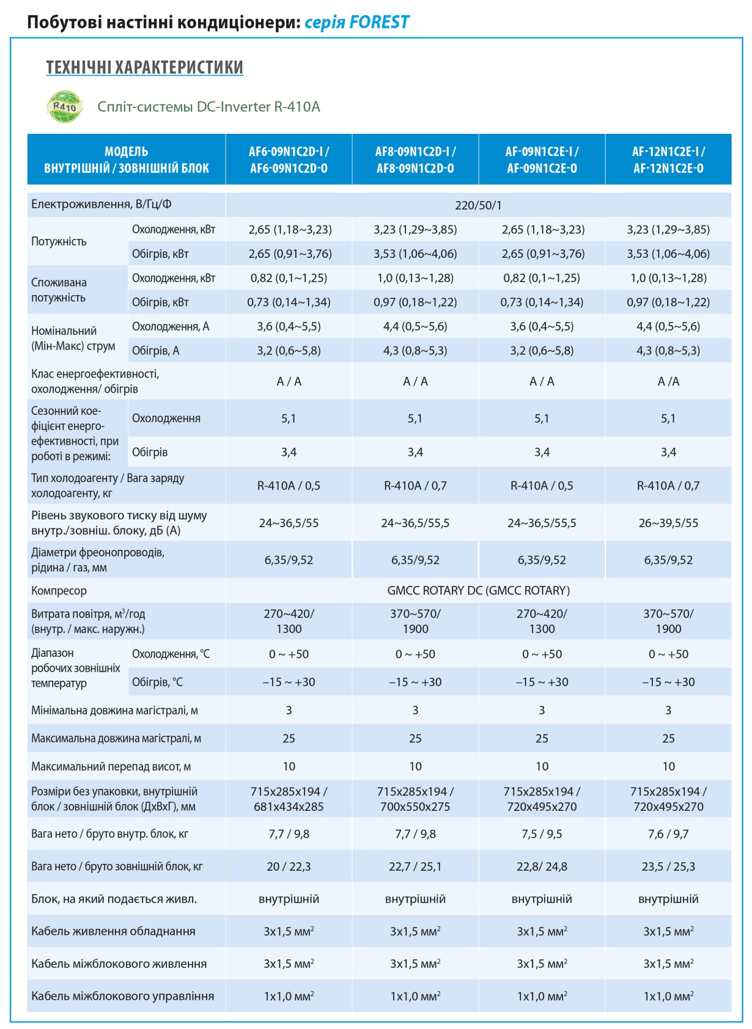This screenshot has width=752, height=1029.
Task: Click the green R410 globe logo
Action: (x=65, y=106)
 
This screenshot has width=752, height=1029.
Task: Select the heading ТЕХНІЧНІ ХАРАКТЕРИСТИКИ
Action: (x=144, y=67)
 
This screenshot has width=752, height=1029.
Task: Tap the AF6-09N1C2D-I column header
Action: (x=289, y=160)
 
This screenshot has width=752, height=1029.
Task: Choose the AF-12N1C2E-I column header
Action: (x=668, y=160)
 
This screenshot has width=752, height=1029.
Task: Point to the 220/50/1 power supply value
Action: (x=478, y=205)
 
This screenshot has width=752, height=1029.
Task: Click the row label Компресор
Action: (x=59, y=591)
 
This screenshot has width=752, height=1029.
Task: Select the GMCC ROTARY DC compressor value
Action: (x=478, y=591)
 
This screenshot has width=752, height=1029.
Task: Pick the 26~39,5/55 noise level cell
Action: (x=668, y=523)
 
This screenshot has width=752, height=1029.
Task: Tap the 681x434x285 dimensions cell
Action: (x=289, y=807)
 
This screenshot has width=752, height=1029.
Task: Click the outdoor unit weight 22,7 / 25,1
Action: (x=415, y=866)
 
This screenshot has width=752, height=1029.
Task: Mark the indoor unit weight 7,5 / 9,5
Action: (x=542, y=833)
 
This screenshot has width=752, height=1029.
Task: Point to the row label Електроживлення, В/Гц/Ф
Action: (x=101, y=205)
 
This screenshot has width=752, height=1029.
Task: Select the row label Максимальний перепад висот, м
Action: (x=111, y=766)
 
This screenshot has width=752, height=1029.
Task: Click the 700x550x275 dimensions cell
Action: (x=415, y=807)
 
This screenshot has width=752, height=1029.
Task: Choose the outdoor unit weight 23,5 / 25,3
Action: (x=668, y=866)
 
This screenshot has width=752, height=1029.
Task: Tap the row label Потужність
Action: (x=59, y=241)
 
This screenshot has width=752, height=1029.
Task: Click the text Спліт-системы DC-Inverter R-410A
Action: (x=208, y=106)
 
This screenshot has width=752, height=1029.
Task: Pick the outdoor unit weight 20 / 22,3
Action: (x=289, y=866)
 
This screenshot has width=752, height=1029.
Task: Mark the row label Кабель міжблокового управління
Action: (x=123, y=996)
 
